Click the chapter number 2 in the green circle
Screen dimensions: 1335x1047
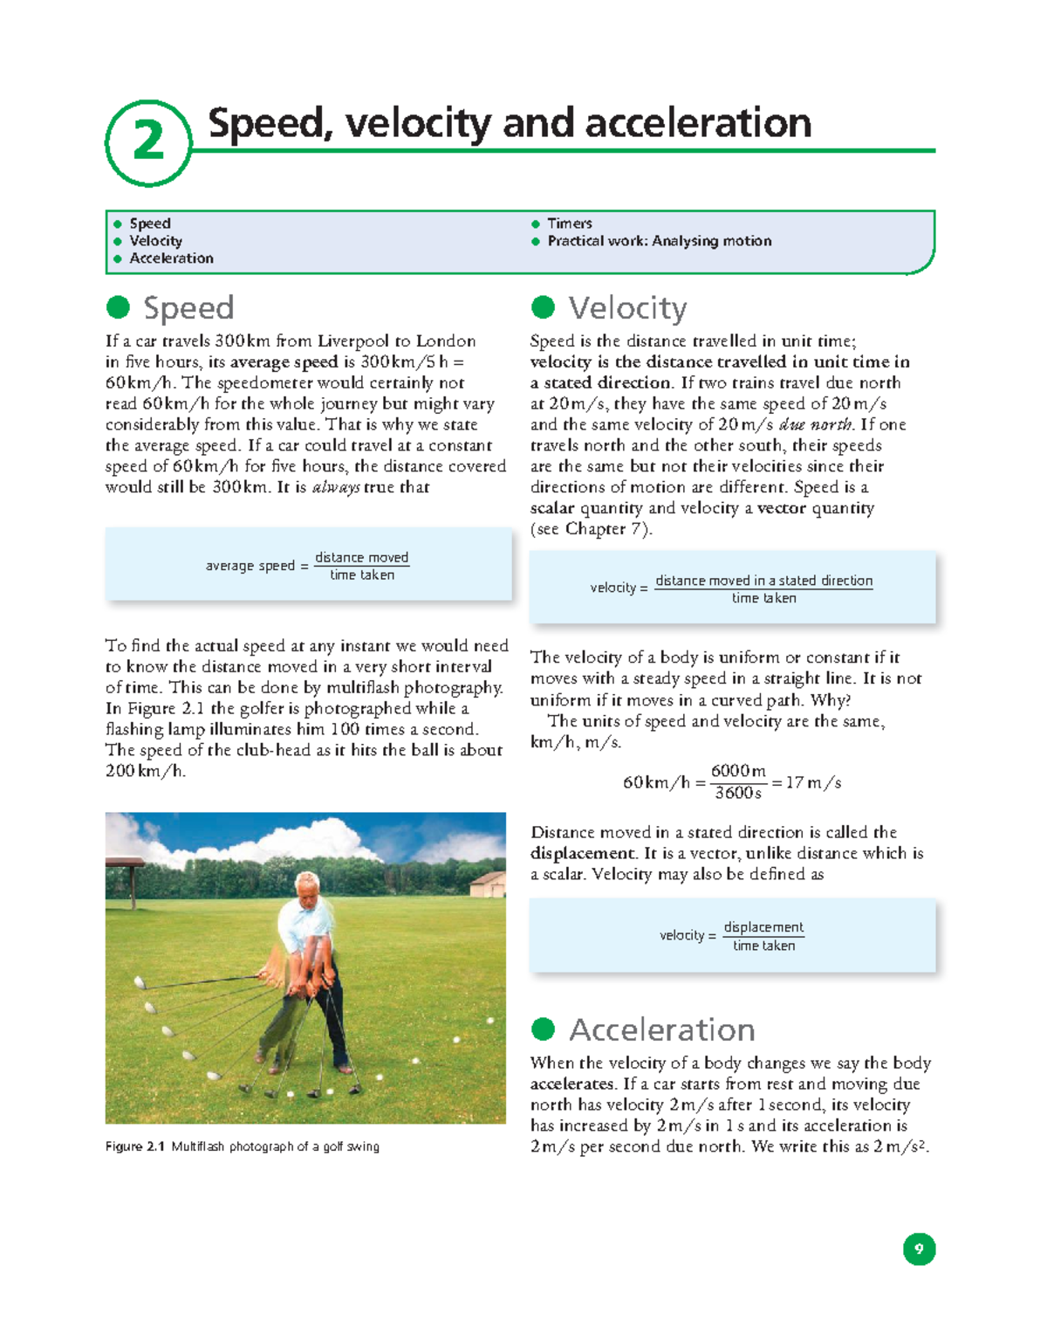click(148, 141)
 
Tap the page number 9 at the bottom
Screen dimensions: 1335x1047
click(919, 1249)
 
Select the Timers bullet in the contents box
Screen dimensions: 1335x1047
click(569, 224)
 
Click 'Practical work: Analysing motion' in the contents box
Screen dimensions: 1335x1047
click(659, 241)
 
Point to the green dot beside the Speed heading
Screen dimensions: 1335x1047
click(118, 307)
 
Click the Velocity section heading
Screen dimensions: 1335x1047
click(627, 308)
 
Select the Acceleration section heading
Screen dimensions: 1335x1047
click(661, 1030)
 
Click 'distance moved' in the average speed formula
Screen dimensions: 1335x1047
click(361, 557)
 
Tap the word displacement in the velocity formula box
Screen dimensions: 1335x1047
click(763, 927)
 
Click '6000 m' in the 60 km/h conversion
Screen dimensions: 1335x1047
click(738, 771)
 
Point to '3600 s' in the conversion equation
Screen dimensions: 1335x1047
click(738, 793)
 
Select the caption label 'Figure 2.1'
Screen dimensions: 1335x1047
click(134, 1146)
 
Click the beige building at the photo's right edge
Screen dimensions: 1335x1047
click(489, 884)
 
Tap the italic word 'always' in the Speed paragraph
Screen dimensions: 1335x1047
click(336, 487)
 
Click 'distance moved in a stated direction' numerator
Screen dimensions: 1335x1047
click(763, 581)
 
